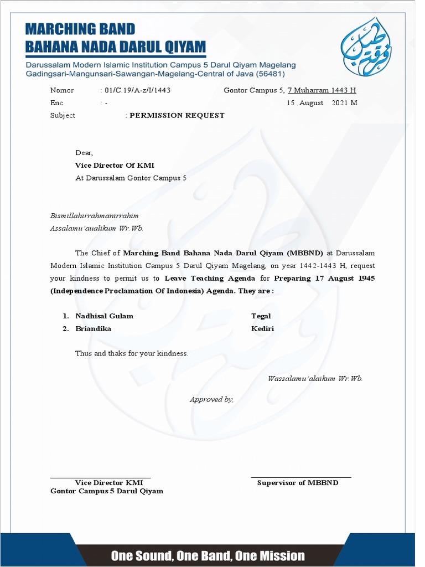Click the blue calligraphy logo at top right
366,47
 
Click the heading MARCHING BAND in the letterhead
80,29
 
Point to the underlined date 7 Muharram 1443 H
322,90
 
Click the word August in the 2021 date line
311,103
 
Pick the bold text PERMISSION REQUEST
177,116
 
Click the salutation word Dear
84,153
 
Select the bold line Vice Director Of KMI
115,165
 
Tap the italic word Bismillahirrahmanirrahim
94,215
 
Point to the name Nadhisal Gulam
104,316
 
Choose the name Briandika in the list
93,328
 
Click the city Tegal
261,316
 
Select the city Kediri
262,328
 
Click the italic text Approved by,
211,399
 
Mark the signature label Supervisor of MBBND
298,483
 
